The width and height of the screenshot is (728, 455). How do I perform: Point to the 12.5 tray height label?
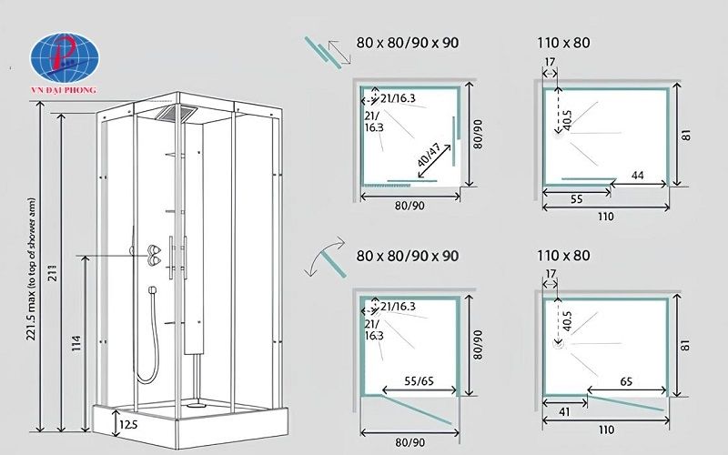(127, 423)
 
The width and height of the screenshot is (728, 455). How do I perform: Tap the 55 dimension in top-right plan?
(576, 197)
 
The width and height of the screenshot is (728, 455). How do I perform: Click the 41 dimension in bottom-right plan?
(563, 412)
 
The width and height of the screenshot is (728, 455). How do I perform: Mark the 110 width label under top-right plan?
(606, 217)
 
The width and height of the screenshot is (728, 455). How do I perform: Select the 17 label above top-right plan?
(550, 63)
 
